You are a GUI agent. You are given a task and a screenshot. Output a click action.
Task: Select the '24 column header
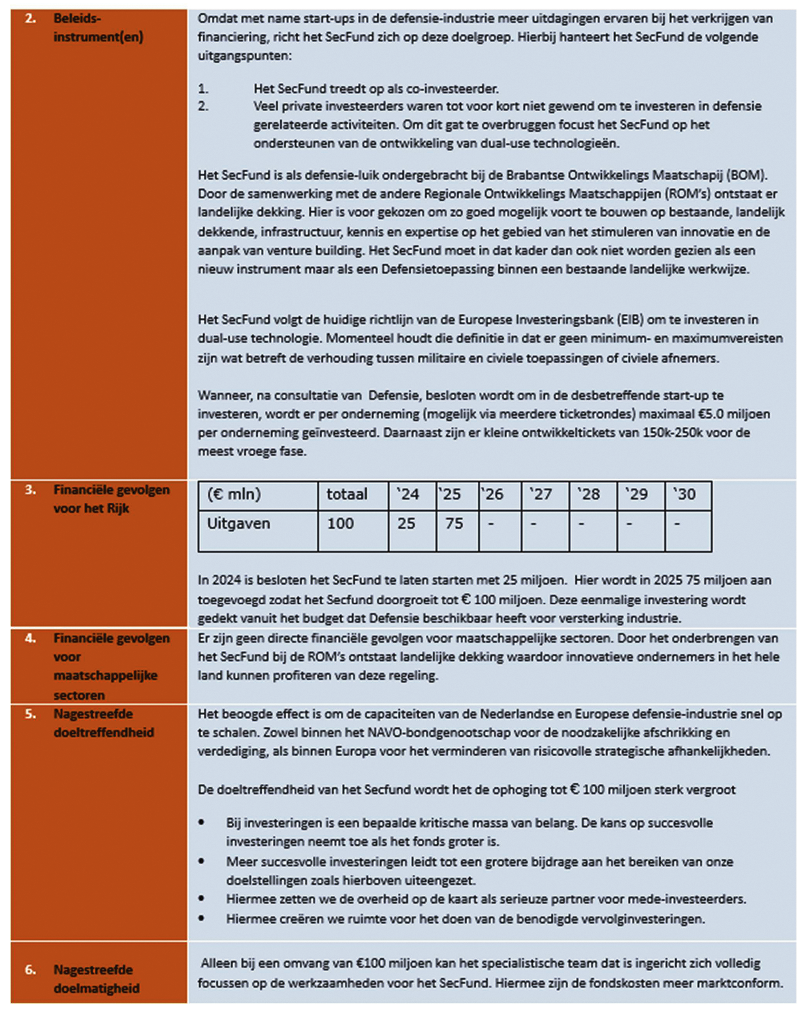[408, 494]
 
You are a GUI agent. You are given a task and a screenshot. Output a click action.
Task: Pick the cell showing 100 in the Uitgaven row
[340, 524]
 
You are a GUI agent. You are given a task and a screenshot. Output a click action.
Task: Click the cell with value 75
[455, 524]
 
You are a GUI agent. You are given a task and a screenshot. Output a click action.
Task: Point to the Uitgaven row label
[238, 524]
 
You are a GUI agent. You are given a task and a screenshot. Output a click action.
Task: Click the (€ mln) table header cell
[234, 494]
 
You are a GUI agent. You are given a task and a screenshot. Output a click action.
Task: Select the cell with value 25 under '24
[406, 524]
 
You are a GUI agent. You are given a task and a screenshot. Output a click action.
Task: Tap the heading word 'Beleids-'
[77, 18]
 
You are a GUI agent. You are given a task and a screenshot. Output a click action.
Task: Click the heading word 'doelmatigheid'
[96, 988]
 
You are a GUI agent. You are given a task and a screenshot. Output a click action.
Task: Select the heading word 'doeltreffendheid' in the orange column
[104, 733]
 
